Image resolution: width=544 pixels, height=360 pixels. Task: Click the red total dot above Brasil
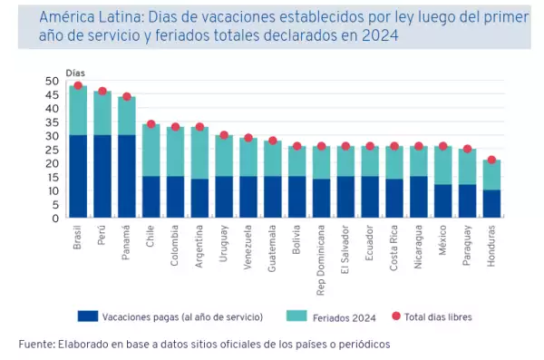coord(78,86)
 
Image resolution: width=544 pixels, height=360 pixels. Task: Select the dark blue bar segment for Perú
coord(102,177)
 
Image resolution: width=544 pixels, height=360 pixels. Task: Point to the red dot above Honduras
coord(491,161)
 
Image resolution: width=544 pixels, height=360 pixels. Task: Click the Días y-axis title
coord(76,72)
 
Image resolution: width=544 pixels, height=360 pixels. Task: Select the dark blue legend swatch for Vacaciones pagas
coord(87,316)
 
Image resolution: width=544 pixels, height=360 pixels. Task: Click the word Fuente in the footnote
coord(35,345)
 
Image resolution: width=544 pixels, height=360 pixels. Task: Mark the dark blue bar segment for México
coord(442,201)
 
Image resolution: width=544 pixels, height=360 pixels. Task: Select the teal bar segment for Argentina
coord(199,153)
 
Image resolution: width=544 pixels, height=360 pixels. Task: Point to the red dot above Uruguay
coord(224,135)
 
